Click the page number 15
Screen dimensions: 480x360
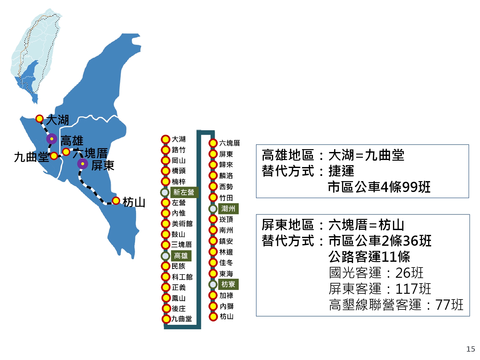click(470, 349)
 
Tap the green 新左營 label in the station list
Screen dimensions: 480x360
click(184, 192)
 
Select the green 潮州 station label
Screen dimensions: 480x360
click(228, 209)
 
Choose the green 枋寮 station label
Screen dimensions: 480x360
click(228, 284)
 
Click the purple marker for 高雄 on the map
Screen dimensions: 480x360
click(52, 139)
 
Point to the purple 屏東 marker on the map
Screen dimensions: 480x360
click(83, 164)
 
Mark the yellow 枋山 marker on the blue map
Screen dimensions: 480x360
click(116, 200)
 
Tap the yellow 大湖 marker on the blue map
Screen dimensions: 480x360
click(40, 119)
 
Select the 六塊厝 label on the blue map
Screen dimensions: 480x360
click(90, 153)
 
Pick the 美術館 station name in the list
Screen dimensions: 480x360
click(182, 224)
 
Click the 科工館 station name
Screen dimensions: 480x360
click(182, 277)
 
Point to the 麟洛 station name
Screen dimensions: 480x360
click(226, 176)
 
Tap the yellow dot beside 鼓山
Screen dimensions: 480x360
click(165, 234)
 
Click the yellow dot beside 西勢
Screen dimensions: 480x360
click(213, 187)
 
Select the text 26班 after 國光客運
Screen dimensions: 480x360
click(409, 273)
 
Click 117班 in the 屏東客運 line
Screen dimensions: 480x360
click(413, 289)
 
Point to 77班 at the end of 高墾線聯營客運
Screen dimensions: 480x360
click(449, 305)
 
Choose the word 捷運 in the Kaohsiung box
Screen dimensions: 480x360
click(341, 171)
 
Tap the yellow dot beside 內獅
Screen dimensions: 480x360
click(213, 306)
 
